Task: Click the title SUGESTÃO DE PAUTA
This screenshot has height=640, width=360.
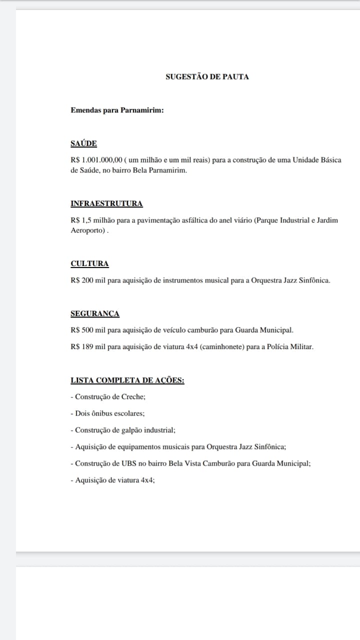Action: pyautogui.click(x=207, y=77)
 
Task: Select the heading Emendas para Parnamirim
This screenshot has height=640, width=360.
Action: pyautogui.click(x=117, y=110)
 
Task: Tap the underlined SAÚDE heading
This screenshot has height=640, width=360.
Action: pyautogui.click(x=83, y=143)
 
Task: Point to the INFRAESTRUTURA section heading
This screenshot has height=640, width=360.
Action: pyautogui.click(x=106, y=203)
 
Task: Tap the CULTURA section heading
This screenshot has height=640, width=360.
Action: pyautogui.click(x=89, y=263)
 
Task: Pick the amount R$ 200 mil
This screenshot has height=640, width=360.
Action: pyautogui.click(x=88, y=280)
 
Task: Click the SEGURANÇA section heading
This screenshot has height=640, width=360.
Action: pyautogui.click(x=95, y=313)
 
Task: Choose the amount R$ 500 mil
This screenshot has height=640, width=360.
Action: pyautogui.click(x=88, y=330)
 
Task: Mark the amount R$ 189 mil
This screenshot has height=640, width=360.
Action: pyautogui.click(x=88, y=346)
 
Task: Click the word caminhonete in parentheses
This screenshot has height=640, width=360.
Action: pyautogui.click(x=220, y=346)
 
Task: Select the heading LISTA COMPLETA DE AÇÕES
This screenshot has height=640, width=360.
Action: pyautogui.click(x=127, y=380)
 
